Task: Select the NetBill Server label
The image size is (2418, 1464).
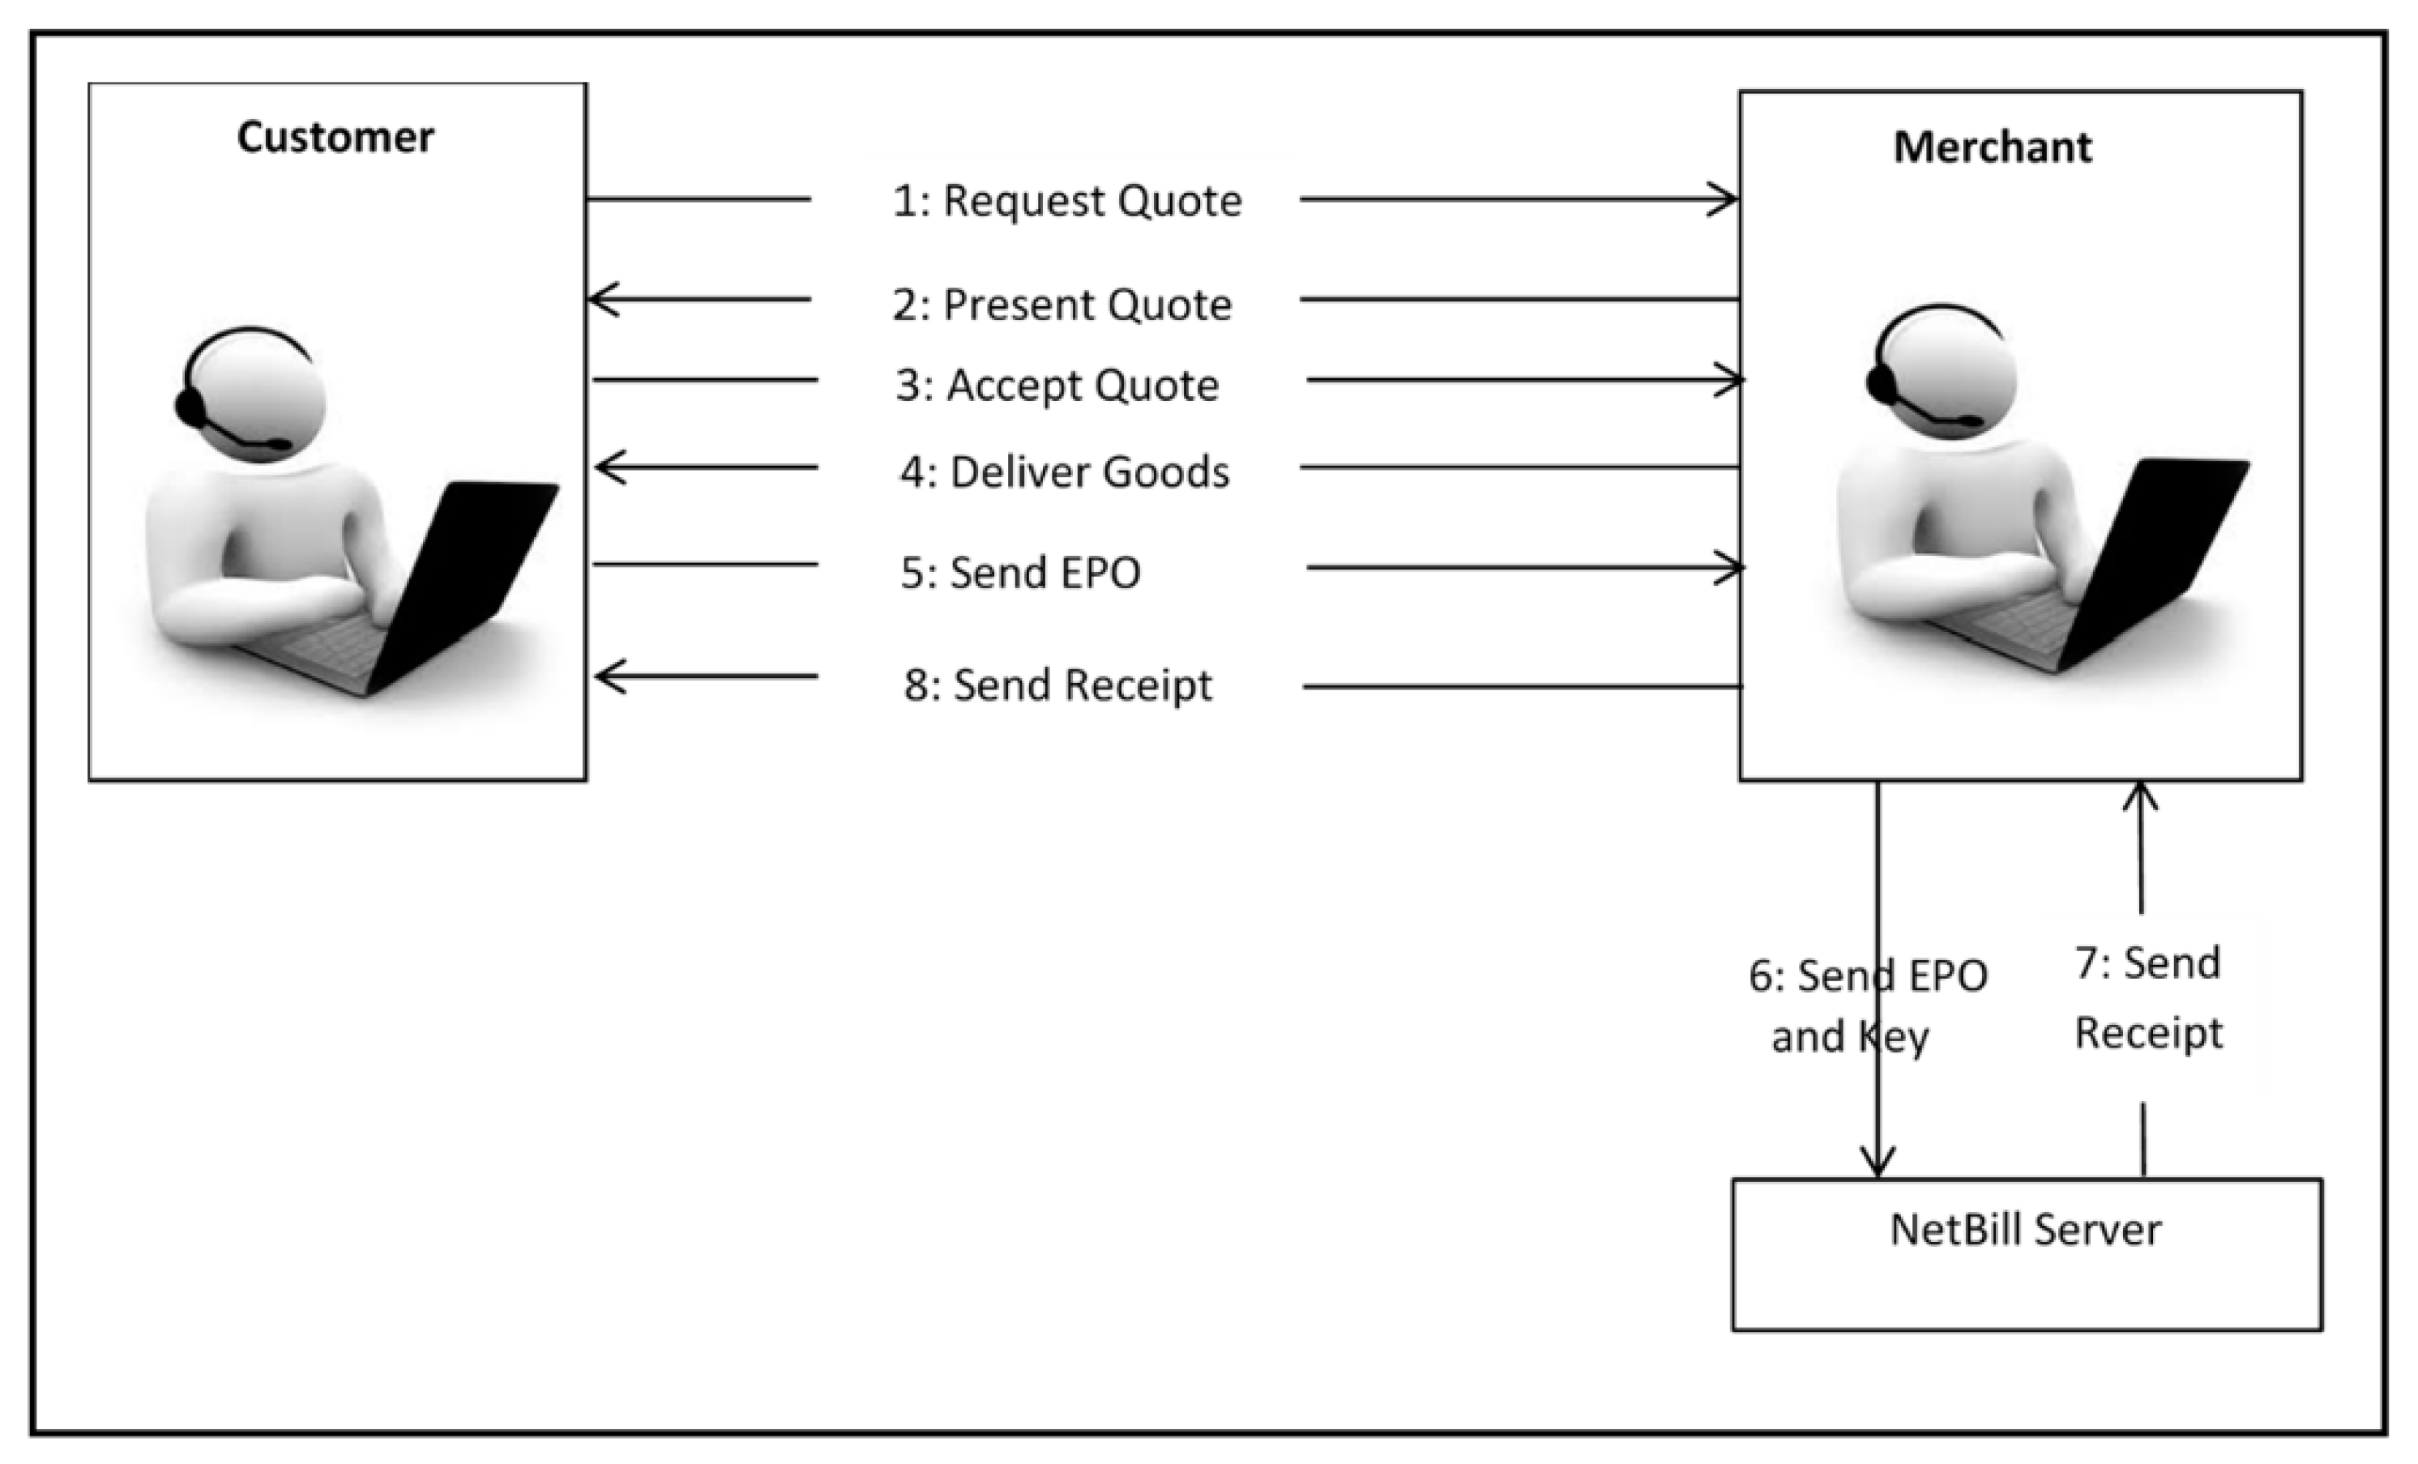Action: (x=2026, y=1230)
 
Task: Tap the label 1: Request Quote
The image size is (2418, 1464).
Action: (x=1066, y=201)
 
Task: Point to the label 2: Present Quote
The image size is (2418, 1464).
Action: (x=1062, y=304)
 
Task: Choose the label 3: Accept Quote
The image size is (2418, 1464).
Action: (x=1057, y=385)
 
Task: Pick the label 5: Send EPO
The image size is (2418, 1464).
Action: (x=1020, y=572)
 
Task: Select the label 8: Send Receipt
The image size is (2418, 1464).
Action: (x=1058, y=685)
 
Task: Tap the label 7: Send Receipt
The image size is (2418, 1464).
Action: (x=2148, y=997)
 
